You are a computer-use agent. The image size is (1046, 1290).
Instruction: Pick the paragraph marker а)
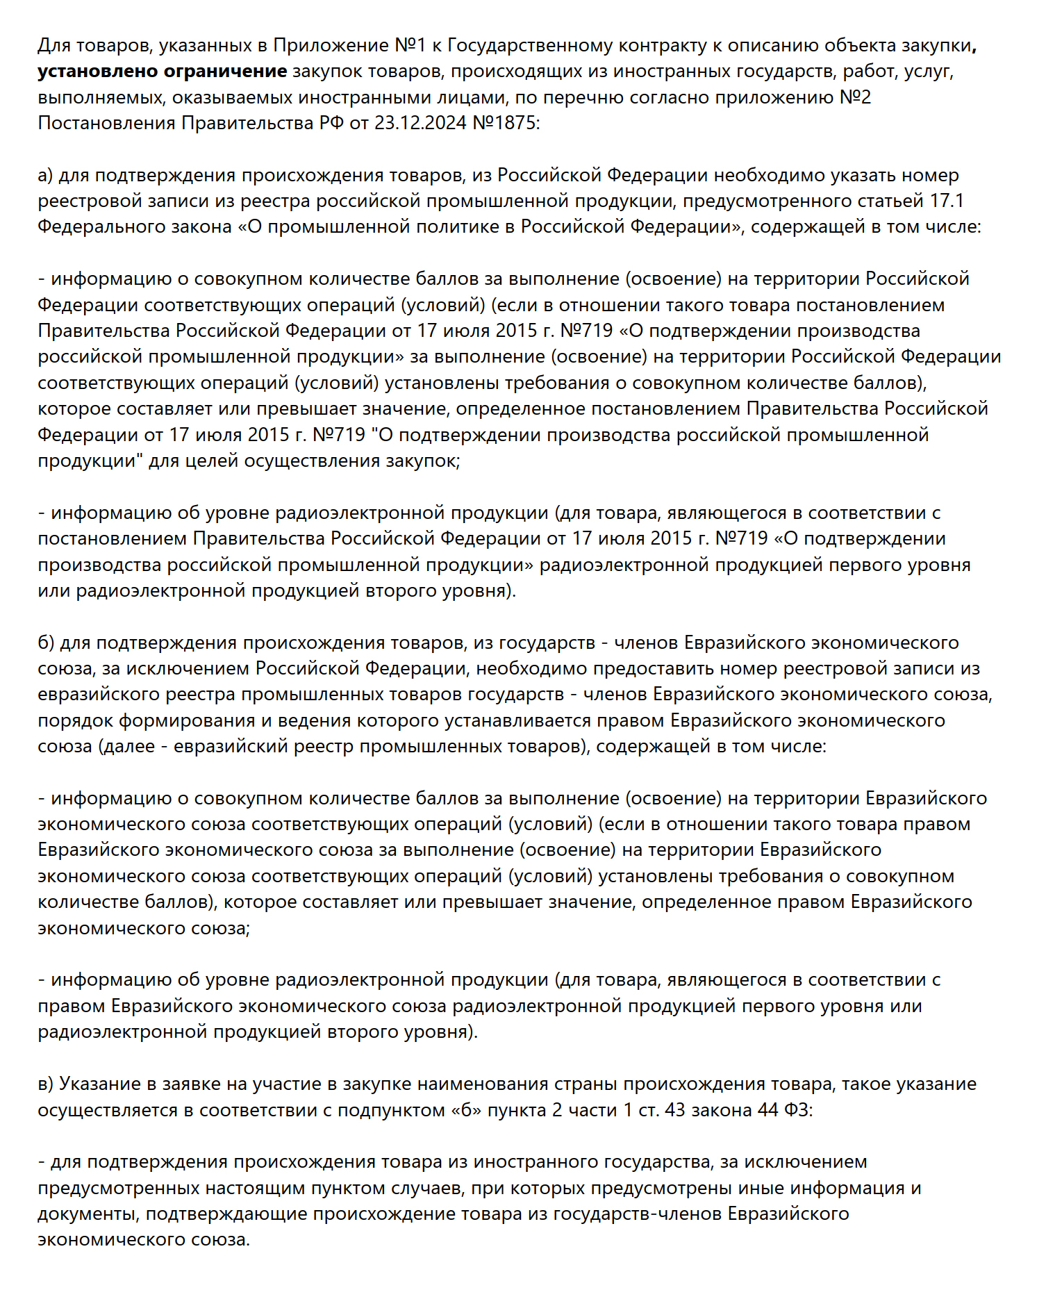coord(45,176)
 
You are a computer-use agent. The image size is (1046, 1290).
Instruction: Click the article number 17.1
coord(947,201)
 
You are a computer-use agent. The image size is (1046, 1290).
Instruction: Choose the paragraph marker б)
coord(46,643)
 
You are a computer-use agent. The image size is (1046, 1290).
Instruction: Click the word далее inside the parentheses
coord(129,747)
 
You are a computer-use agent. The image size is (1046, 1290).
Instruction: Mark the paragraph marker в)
coord(45,1084)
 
